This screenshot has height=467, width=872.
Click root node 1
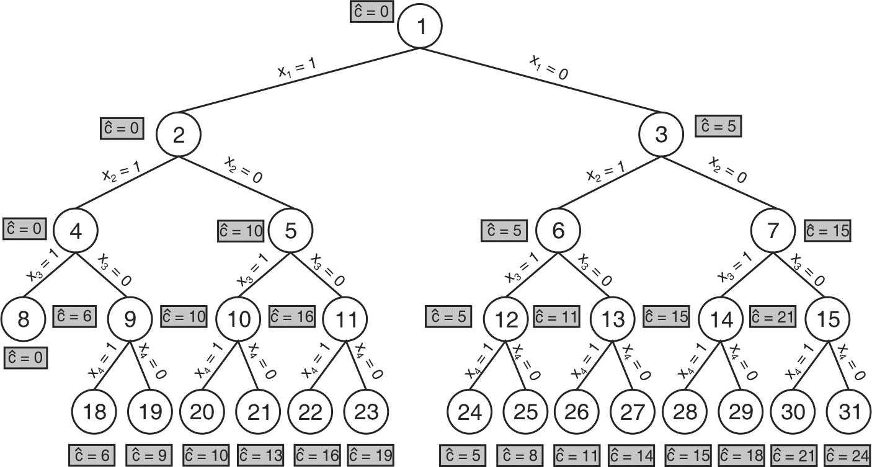(420, 27)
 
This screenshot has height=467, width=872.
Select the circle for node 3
(661, 135)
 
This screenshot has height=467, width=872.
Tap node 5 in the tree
(291, 231)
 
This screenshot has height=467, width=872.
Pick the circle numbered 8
(23, 319)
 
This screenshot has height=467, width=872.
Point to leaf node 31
(849, 411)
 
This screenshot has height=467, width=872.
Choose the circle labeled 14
(721, 319)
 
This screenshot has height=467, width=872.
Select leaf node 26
(576, 411)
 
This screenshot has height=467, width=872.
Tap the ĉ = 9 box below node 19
(148, 456)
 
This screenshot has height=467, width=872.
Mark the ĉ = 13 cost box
(260, 456)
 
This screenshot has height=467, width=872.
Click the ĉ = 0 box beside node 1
(371, 12)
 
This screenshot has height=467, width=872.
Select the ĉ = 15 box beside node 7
(827, 231)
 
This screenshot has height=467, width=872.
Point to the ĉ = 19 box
(370, 456)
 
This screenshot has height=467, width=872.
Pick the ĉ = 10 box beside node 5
(240, 231)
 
